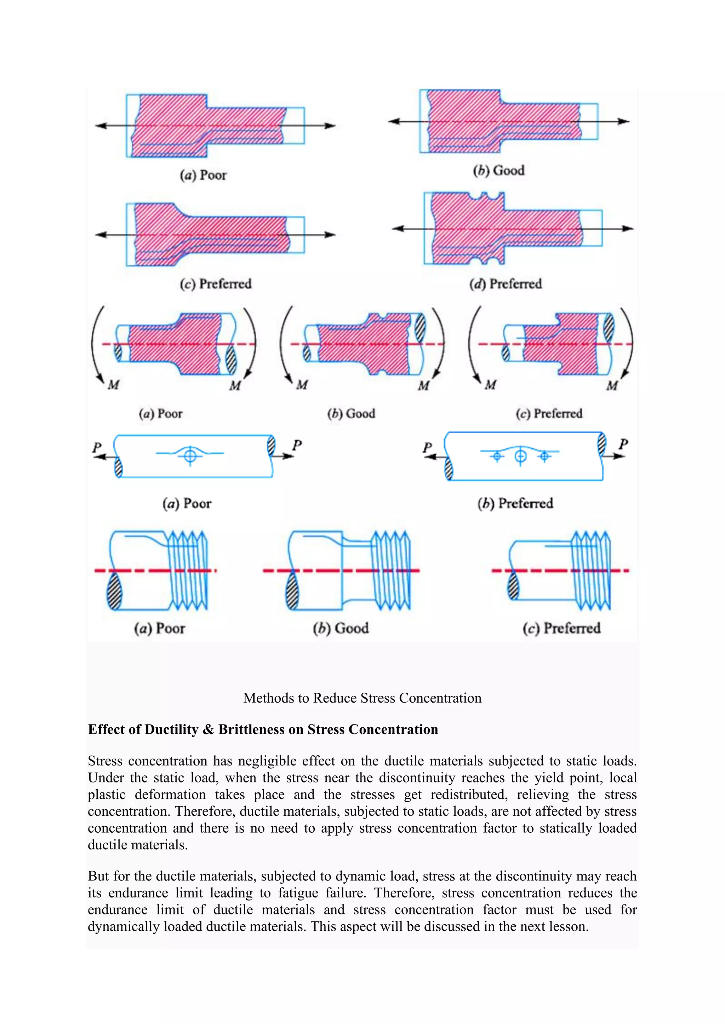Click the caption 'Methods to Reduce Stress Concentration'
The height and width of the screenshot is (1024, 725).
point(362,698)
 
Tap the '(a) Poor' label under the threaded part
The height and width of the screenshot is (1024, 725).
point(159,628)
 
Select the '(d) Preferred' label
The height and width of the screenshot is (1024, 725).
point(506,284)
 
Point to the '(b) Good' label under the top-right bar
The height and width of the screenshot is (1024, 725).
point(499,170)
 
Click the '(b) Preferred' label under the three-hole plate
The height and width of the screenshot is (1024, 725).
point(515,504)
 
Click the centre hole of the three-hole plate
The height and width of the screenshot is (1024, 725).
point(520,456)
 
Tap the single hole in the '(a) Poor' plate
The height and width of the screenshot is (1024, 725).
point(190,456)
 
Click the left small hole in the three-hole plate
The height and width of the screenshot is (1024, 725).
point(497,456)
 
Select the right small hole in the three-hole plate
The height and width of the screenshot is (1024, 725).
point(544,456)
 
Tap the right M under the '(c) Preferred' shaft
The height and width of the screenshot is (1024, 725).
point(612,385)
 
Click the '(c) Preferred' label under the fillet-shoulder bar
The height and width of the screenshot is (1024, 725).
point(216,284)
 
